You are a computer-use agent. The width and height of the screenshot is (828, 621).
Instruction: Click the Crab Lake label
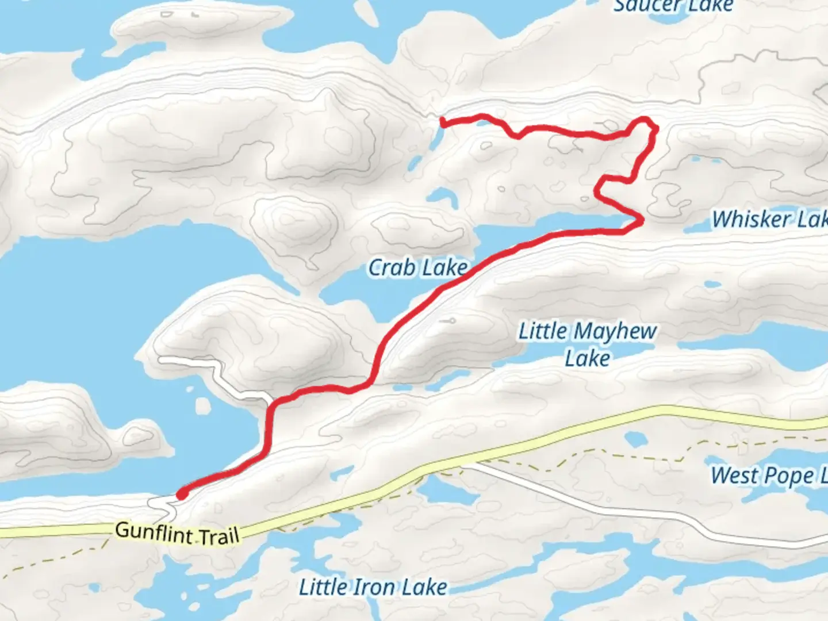click(418, 268)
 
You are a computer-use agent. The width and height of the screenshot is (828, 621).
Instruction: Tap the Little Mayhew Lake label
click(587, 344)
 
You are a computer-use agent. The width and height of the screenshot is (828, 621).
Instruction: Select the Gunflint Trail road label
click(177, 533)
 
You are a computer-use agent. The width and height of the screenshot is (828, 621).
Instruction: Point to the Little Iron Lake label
click(373, 587)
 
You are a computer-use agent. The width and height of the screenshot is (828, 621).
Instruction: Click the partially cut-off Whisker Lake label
click(769, 219)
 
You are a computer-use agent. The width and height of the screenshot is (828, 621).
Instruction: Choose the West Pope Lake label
click(769, 476)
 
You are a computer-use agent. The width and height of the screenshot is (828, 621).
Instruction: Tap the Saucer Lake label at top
click(673, 6)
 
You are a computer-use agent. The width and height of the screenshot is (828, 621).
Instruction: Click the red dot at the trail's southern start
click(182, 494)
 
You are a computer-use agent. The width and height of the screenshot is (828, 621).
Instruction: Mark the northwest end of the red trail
click(442, 120)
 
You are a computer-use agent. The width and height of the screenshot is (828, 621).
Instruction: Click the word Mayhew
click(615, 331)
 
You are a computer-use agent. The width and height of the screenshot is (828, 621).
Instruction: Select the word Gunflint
click(153, 531)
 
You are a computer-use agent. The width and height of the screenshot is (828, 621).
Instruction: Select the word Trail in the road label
click(219, 536)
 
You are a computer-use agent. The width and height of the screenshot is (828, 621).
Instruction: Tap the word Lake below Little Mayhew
click(587, 358)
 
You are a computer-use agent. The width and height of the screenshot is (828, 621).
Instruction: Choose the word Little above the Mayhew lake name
click(543, 331)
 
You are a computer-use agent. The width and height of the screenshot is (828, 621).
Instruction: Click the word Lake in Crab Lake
click(444, 268)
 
